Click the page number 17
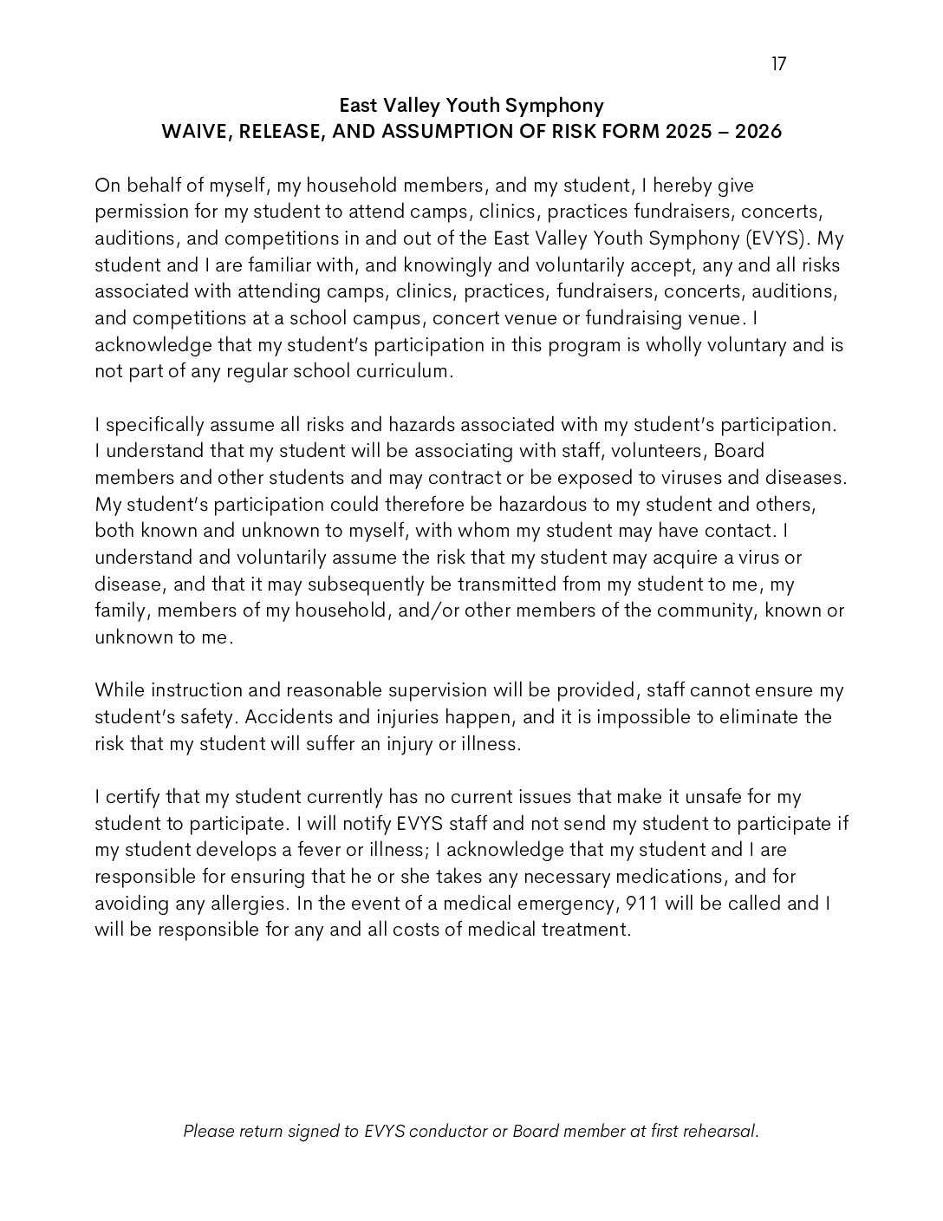coord(778,63)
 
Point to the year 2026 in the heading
coord(758,132)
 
